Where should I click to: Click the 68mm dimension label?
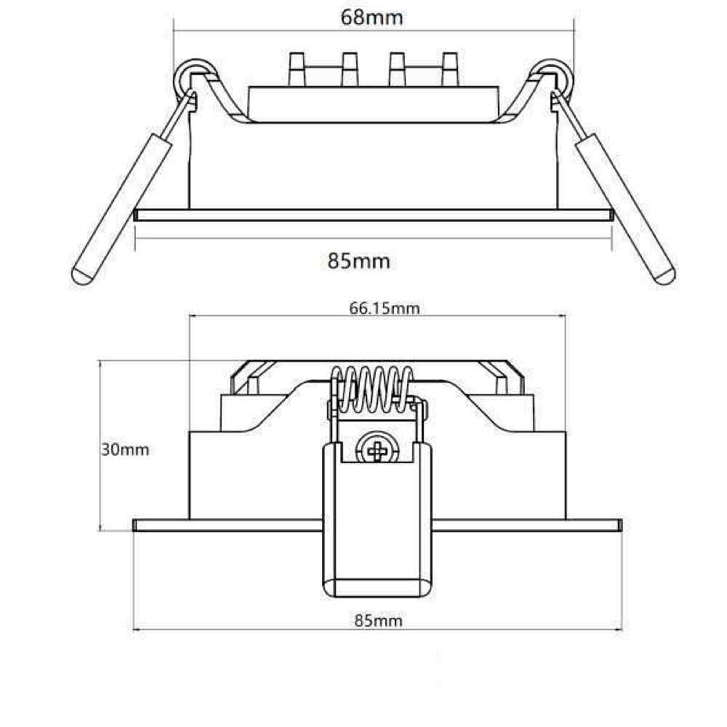pos(371,17)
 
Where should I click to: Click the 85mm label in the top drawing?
pos(359,260)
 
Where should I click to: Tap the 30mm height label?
pos(124,449)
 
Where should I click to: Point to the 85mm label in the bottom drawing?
pos(378,620)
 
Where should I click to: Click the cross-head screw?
pos(378,451)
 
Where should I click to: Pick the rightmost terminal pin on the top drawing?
pos(450,69)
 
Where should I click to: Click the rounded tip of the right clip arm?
pos(664,276)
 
